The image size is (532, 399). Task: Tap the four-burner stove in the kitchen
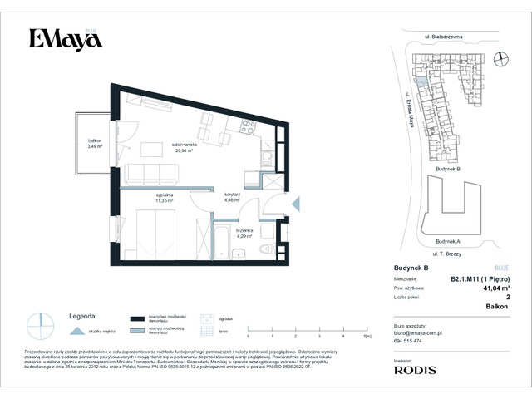(247, 127)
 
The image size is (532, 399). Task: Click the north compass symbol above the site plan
(500, 57)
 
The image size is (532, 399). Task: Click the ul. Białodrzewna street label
(442, 37)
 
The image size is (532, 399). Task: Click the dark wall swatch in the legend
(137, 317)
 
